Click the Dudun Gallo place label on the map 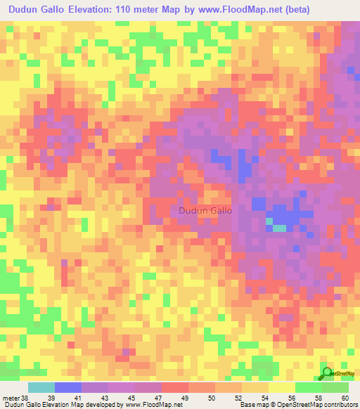tap(205, 210)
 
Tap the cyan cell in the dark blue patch tap(279, 227)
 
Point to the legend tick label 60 tap(345, 398)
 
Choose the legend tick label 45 tap(139, 398)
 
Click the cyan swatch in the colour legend tap(41, 387)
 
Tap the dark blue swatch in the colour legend tap(68, 387)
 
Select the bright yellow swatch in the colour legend tap(281, 387)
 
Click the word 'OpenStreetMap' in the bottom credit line tap(293, 405)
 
